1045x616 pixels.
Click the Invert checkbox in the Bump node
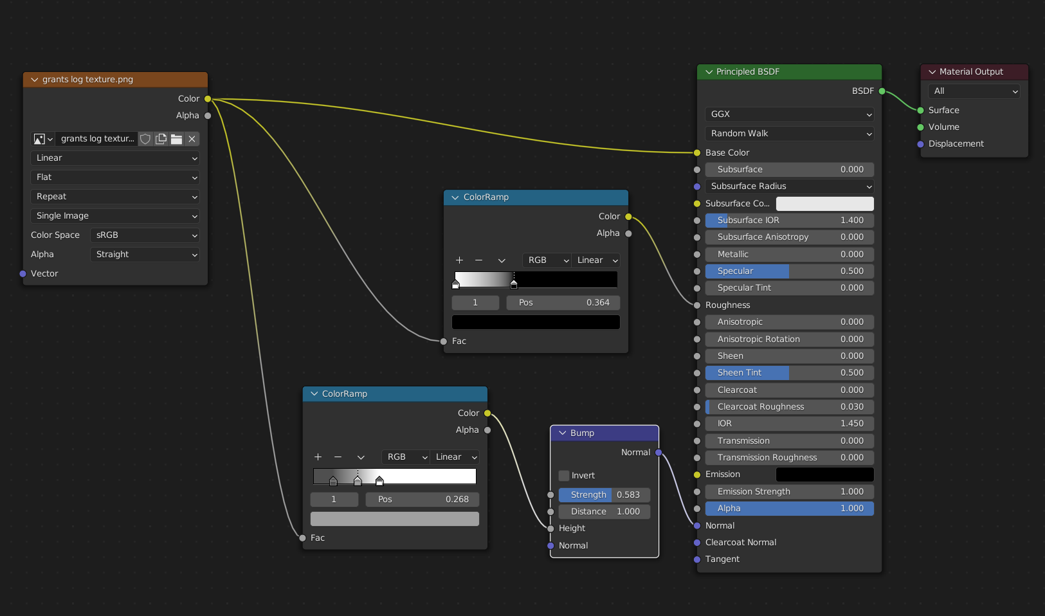pos(564,475)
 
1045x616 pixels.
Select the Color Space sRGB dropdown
pos(145,235)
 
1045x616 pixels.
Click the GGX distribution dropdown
pos(789,114)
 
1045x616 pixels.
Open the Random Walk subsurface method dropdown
pos(789,134)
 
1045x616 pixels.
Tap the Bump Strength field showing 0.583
pos(604,494)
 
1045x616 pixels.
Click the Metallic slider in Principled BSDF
pos(789,254)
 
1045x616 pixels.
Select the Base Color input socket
pos(697,152)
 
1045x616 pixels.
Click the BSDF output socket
pos(882,91)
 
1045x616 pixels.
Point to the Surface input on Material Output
pos(920,111)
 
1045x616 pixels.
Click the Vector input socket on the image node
pos(23,274)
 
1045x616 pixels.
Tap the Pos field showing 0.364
pos(563,303)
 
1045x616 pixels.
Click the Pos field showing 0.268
pos(423,500)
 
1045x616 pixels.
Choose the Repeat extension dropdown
pos(114,197)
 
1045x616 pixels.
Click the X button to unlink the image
pos(192,139)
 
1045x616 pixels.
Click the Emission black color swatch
pos(825,475)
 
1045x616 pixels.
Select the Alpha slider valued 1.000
pos(789,508)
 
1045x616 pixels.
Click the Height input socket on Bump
pos(550,529)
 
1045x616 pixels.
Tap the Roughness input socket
pos(697,305)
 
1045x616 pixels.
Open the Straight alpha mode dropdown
pos(145,255)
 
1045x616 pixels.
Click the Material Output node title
pos(971,72)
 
